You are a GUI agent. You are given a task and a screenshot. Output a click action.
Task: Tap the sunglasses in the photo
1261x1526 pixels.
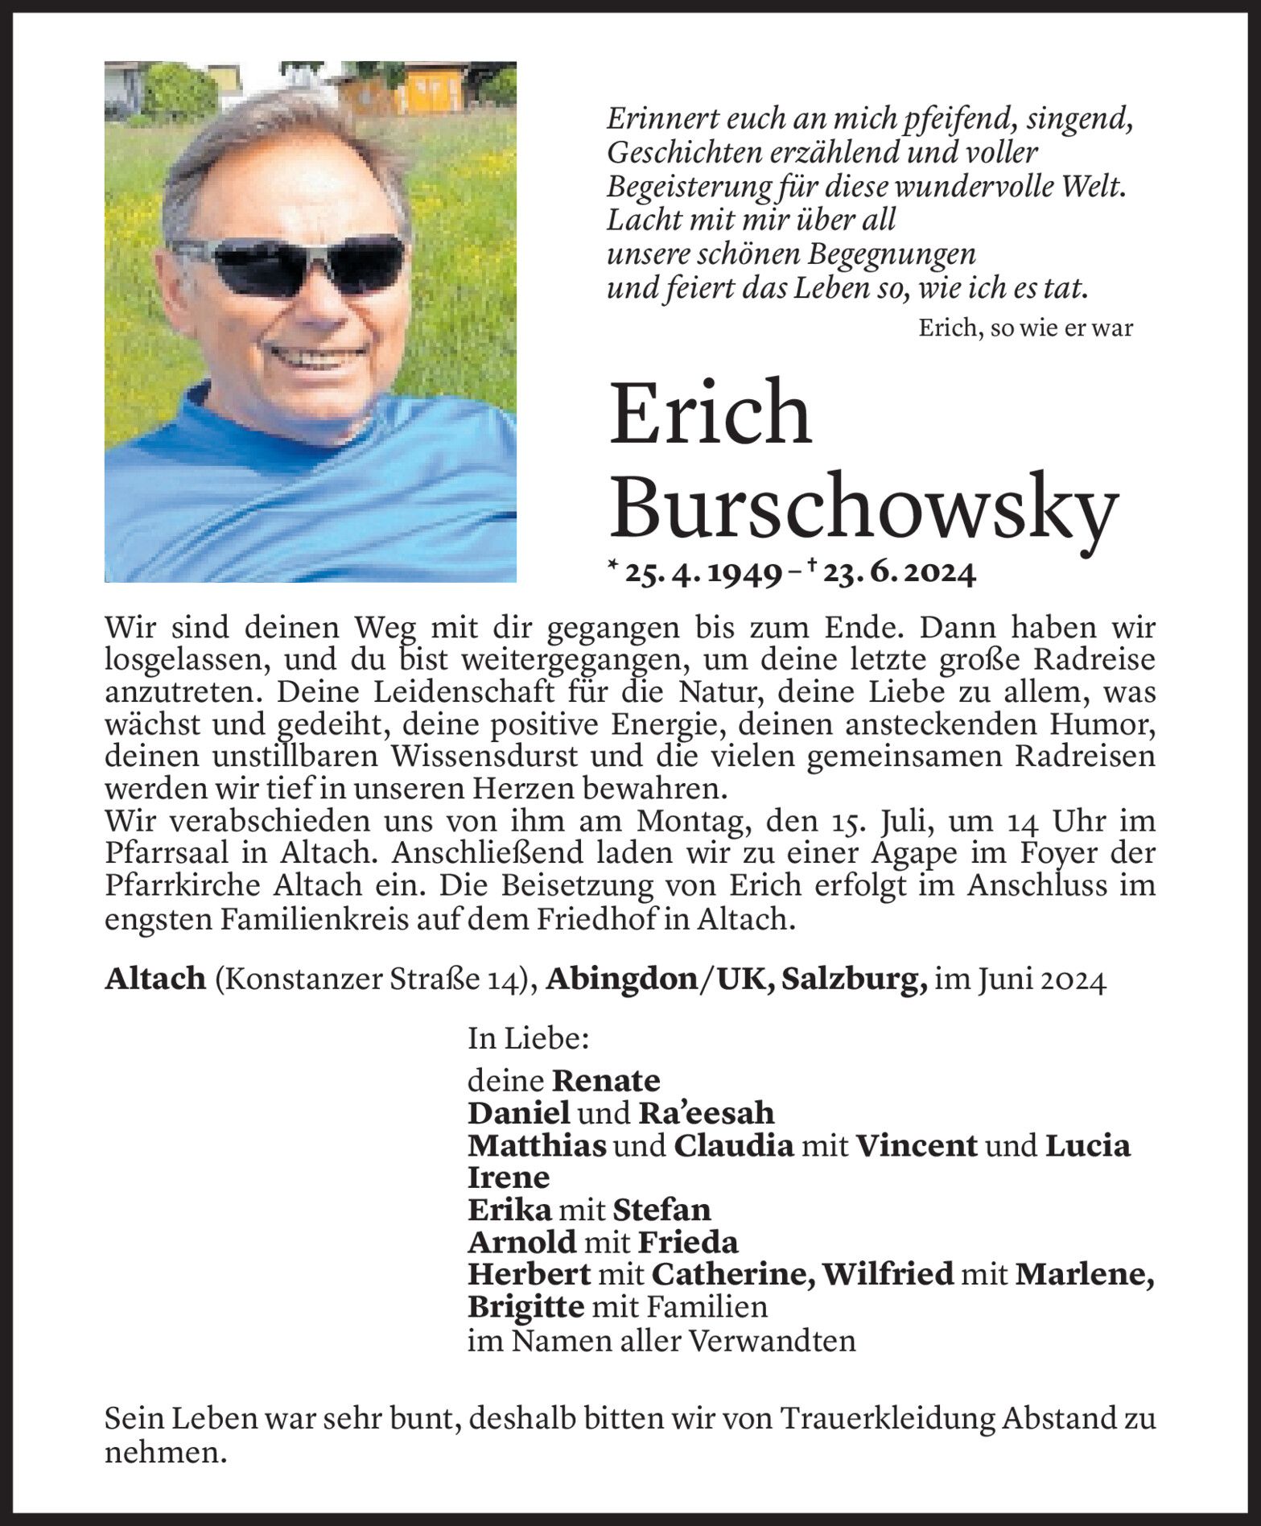pyautogui.click(x=290, y=262)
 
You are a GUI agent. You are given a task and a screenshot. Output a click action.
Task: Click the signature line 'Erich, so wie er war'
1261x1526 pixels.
pyautogui.click(x=1025, y=328)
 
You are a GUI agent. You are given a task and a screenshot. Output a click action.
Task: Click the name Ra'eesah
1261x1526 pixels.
pyautogui.click(x=706, y=1113)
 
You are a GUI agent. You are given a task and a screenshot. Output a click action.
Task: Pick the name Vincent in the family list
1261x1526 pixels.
pyautogui.click(x=916, y=1145)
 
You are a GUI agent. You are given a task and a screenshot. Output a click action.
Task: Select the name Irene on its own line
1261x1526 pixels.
pyautogui.click(x=509, y=1177)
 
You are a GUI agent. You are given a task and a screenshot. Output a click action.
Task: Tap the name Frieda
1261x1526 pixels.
pyautogui.click(x=687, y=1243)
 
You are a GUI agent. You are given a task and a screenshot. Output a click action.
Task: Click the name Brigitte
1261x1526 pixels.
pyautogui.click(x=525, y=1307)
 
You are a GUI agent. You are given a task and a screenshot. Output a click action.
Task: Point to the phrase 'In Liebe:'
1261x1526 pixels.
pyautogui.click(x=528, y=1039)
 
